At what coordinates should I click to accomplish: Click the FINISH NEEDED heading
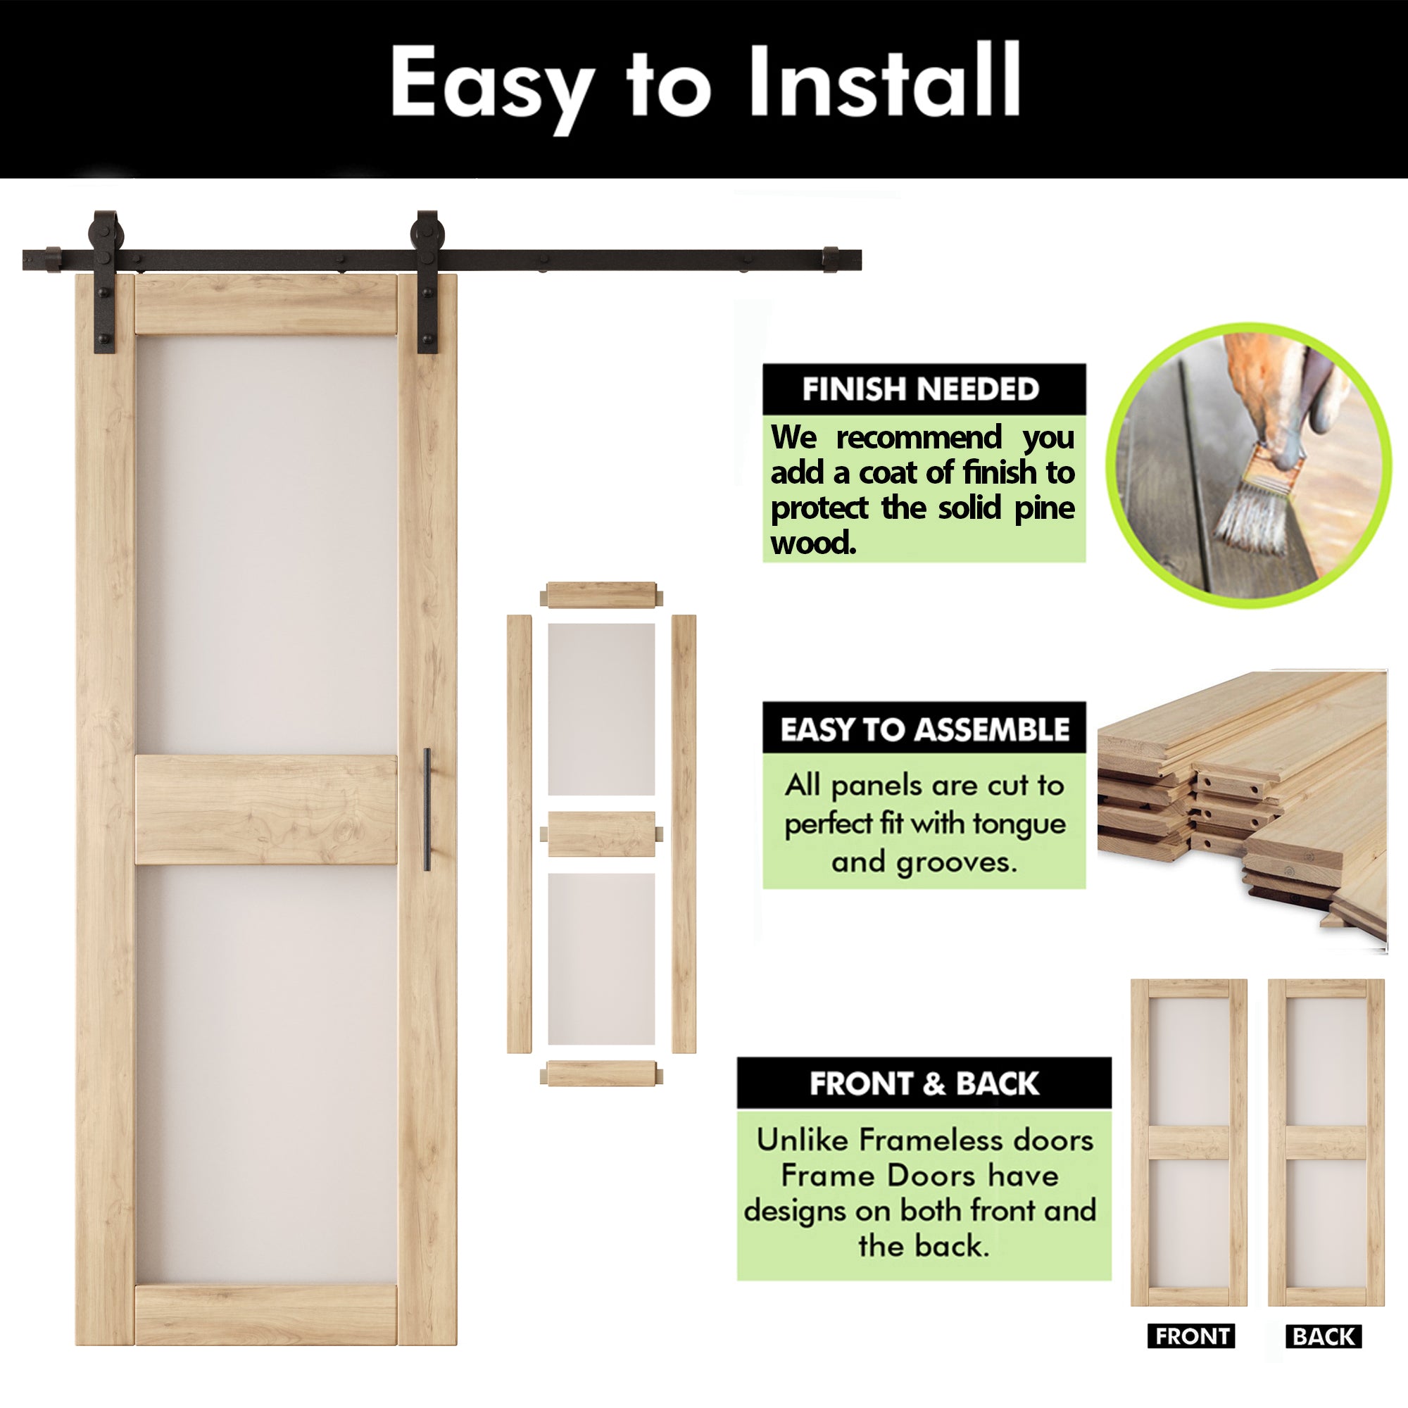[x=920, y=389]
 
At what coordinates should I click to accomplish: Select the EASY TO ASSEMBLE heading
[x=924, y=729]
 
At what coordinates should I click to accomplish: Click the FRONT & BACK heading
[x=924, y=1083]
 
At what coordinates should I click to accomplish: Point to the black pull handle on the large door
[x=427, y=809]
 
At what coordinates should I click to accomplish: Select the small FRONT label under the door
[x=1191, y=1337]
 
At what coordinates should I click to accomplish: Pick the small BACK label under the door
[x=1324, y=1337]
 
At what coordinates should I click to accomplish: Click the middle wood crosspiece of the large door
[x=266, y=810]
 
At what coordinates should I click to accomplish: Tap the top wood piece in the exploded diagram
[x=601, y=595]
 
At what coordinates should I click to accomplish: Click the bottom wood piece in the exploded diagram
[x=601, y=1074]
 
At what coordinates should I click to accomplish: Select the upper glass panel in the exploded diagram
[x=601, y=709]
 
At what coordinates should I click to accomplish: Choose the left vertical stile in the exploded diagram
[x=519, y=834]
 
